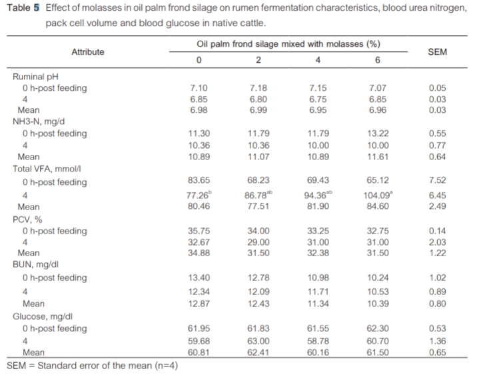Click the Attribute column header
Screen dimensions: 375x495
coord(88,52)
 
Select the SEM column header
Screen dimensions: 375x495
coord(437,52)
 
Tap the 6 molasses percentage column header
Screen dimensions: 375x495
coord(377,61)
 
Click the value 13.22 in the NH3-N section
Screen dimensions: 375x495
coord(377,133)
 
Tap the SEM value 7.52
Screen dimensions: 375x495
coord(437,181)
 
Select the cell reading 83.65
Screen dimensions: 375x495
coord(199,181)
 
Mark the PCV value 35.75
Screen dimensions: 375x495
coord(199,231)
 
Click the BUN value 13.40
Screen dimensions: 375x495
coord(199,278)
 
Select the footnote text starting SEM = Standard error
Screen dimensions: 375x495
coord(92,366)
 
